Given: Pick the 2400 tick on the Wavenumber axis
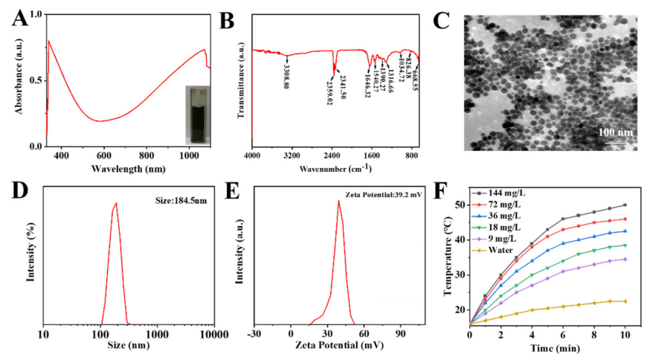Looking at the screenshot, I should click(x=332, y=155).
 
